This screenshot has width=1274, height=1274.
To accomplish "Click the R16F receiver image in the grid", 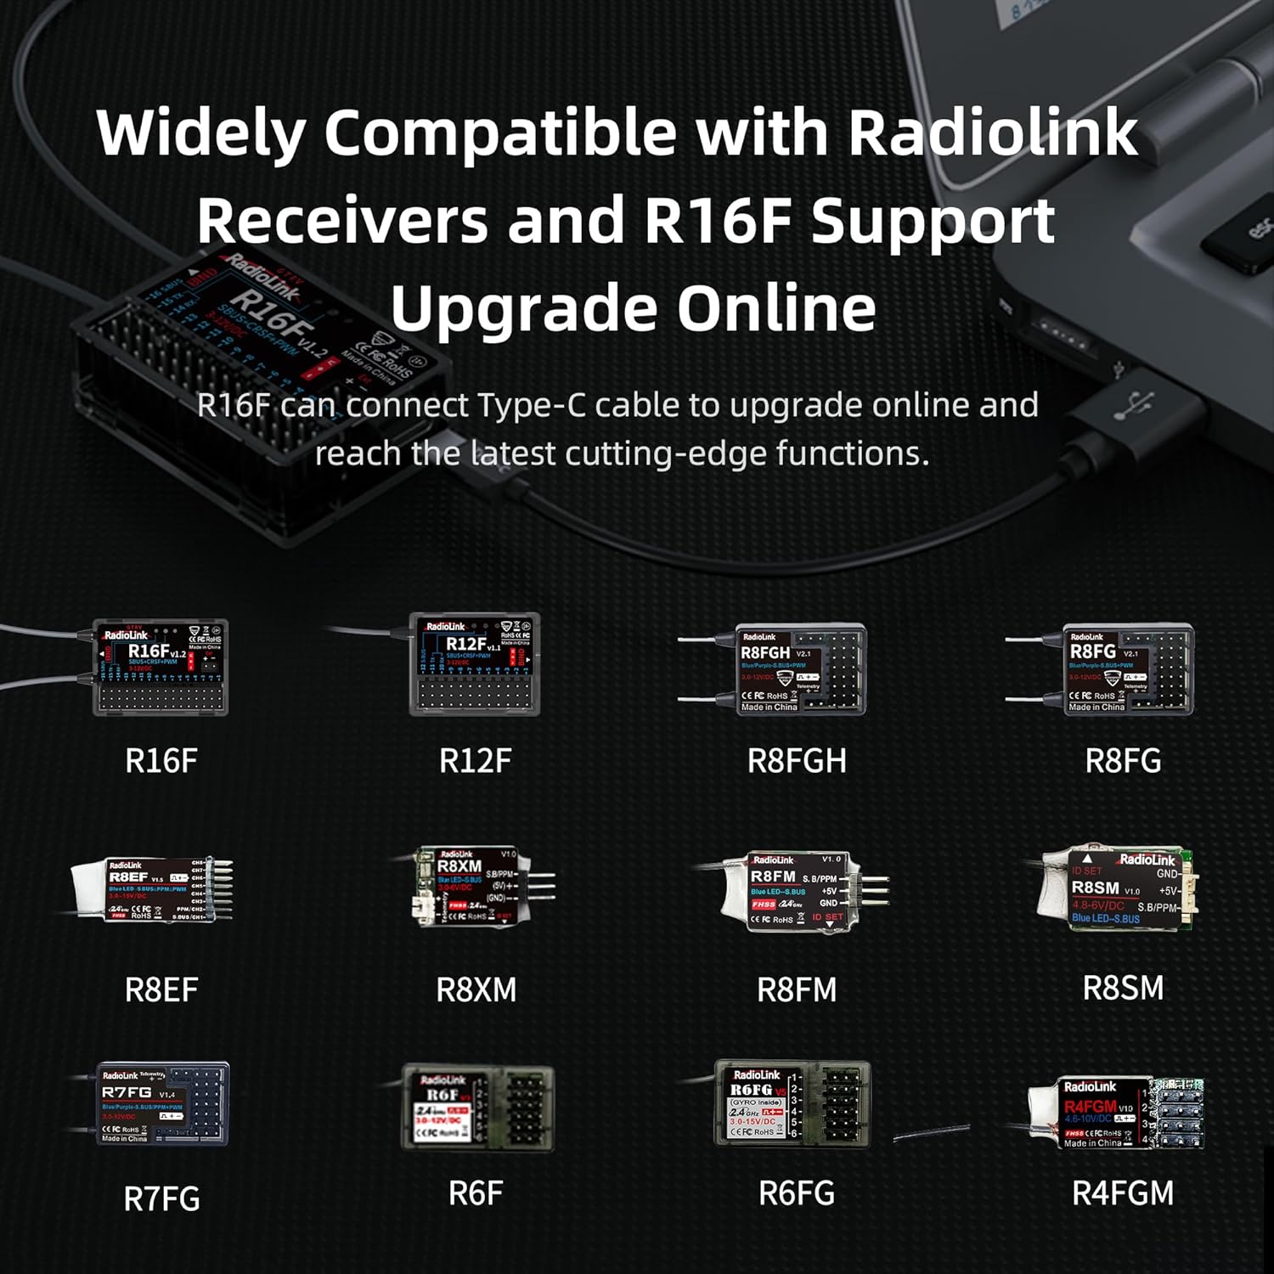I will coord(161,668).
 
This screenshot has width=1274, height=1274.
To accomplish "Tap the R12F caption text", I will coord(475,761).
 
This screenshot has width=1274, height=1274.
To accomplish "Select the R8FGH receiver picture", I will coord(799,669).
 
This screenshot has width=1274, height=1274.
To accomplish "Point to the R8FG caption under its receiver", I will coord(1123,761).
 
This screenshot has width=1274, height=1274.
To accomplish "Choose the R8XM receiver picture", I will coord(476,887).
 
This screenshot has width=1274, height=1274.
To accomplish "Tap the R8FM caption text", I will coord(797,989).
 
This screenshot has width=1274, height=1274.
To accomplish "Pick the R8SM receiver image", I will coord(1117,888).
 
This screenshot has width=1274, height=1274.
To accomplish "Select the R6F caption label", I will coord(476,1193).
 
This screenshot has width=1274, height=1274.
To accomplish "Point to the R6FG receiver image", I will coord(792,1103).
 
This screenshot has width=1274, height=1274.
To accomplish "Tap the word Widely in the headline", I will coord(200,133).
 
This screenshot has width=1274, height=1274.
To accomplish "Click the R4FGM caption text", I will coord(1123,1193).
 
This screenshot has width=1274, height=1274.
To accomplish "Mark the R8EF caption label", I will coord(161,989).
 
